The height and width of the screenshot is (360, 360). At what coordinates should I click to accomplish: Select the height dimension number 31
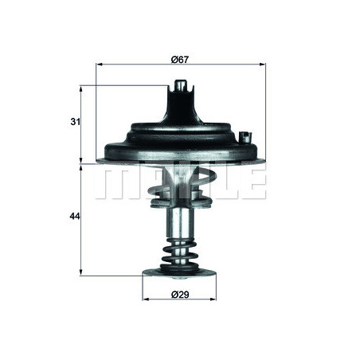75,122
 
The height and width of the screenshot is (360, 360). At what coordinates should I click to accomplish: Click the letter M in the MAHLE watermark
116,183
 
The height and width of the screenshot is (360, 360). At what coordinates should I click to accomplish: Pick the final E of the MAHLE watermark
252,183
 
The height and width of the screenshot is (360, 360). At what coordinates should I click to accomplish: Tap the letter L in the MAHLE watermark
220,183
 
